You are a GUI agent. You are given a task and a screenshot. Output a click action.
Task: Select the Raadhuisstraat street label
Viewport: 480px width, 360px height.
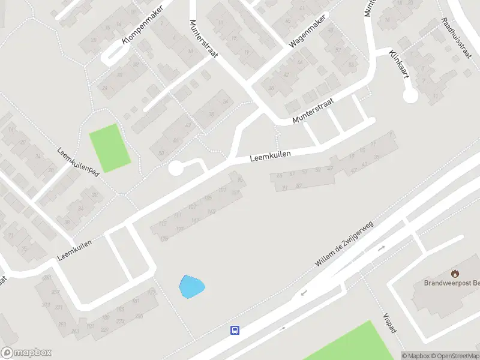point(457,38)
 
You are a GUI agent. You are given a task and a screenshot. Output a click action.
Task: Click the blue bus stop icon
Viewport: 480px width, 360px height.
point(235,330)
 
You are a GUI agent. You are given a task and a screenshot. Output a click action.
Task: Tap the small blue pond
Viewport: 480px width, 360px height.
point(191,286)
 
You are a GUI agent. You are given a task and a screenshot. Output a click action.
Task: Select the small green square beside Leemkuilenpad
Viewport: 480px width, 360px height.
point(110,148)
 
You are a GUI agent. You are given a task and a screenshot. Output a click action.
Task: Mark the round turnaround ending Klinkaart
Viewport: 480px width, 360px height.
point(410,95)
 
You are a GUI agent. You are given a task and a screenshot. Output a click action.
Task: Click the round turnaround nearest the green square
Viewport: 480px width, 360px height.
point(175,169)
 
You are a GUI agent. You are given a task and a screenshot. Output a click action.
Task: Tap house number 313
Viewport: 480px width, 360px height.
point(46,305)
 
